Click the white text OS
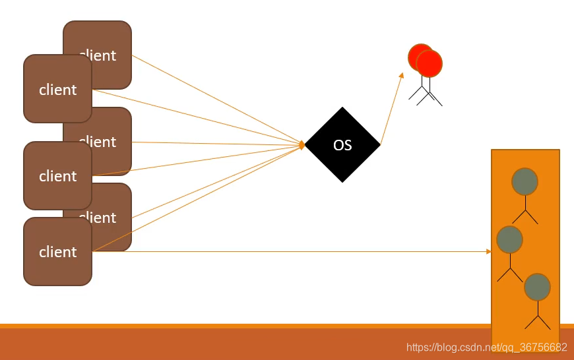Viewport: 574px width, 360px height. [x=342, y=145]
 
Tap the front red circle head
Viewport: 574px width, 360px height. [x=430, y=63]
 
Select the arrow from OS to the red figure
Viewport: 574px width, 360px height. [x=391, y=108]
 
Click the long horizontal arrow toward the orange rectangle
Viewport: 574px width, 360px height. [x=290, y=251]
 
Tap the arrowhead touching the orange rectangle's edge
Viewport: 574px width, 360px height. [x=489, y=251]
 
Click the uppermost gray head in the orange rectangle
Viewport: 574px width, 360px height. [x=525, y=181]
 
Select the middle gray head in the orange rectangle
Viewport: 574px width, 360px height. [x=509, y=239]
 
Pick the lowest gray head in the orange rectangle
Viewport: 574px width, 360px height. [x=537, y=287]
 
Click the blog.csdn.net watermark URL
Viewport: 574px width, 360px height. [x=487, y=347]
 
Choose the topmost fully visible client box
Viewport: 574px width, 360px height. [x=57, y=89]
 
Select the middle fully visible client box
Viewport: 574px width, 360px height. [x=57, y=175]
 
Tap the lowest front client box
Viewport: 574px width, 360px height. [x=57, y=251]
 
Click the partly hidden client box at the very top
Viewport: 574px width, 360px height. [x=106, y=40]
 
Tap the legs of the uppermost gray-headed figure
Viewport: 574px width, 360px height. [x=526, y=216]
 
